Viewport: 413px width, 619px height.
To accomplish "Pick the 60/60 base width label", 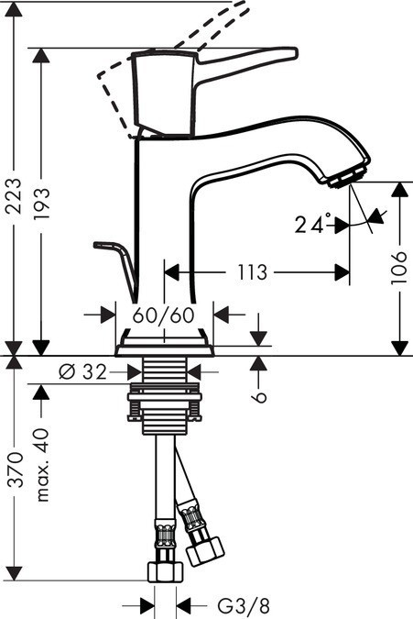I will [x=164, y=315].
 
